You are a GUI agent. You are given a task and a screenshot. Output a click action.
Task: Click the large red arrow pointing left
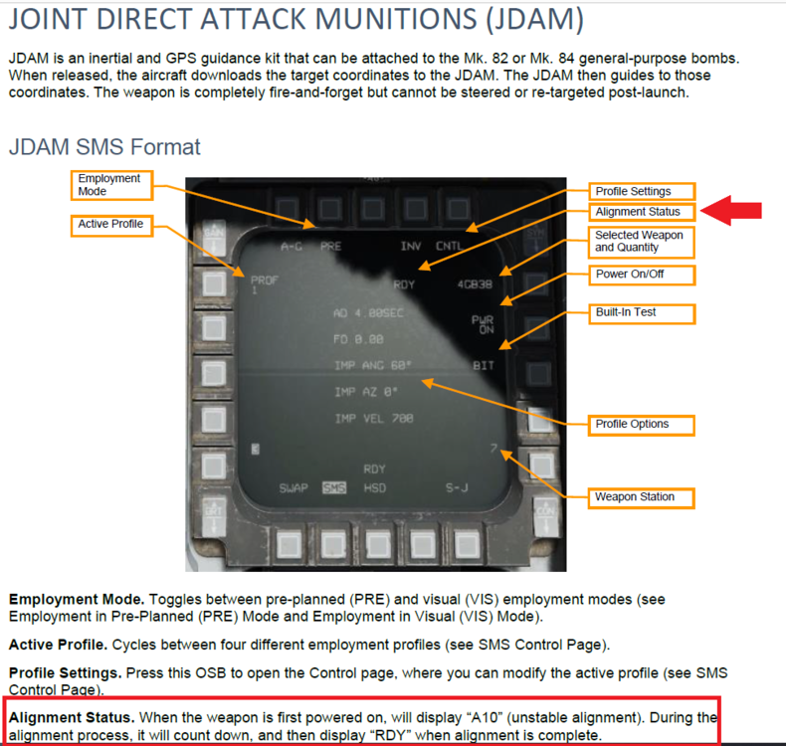[731, 210]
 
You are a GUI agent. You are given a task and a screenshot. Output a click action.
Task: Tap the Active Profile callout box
[110, 225]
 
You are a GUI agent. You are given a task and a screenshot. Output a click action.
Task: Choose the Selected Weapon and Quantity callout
[641, 242]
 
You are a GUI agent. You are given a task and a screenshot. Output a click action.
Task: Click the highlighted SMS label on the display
[334, 488]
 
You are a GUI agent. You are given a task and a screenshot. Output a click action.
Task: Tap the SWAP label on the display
[293, 488]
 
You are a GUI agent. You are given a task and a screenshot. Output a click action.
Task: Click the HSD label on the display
[374, 488]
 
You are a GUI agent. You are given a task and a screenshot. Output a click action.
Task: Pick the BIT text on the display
[484, 366]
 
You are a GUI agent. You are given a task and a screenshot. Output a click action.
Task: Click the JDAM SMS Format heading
[104, 148]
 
